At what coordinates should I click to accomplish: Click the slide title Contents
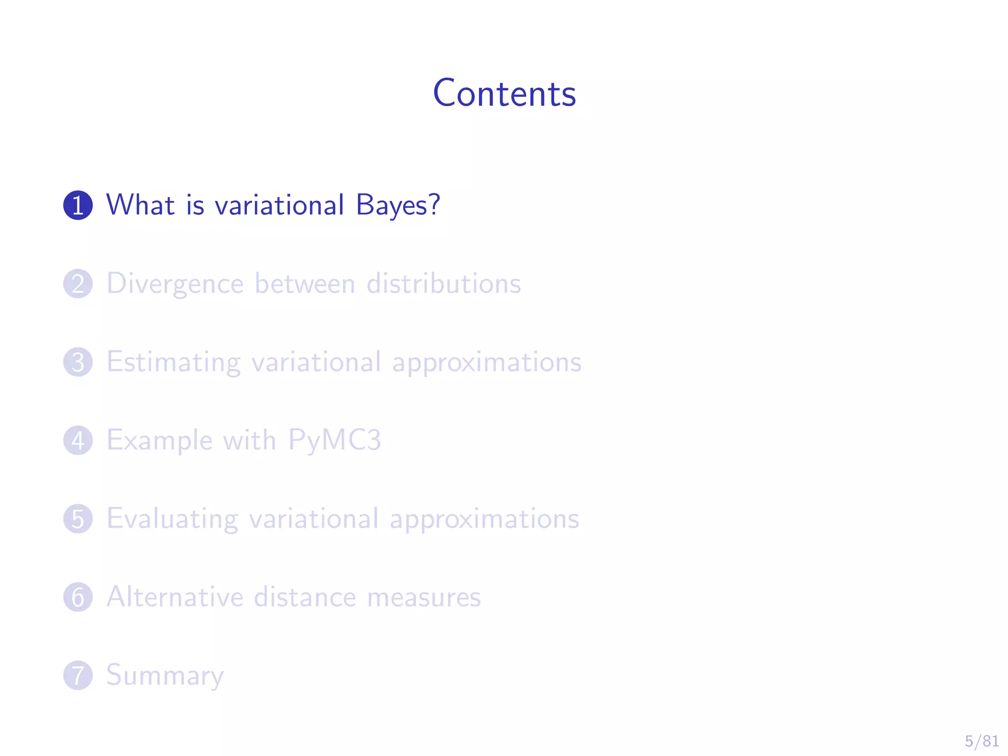click(504, 93)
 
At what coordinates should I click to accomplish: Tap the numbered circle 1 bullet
click(78, 205)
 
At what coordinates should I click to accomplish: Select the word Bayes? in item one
click(397, 205)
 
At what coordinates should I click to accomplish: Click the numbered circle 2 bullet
click(78, 283)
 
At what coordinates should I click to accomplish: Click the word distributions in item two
click(443, 283)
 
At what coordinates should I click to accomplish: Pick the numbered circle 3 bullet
click(78, 362)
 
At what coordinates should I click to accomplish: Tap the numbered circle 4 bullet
click(78, 440)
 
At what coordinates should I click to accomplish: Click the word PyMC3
click(334, 440)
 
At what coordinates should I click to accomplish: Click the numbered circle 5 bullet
click(78, 519)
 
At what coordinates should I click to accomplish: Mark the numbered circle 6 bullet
click(78, 597)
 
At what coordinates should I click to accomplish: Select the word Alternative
click(175, 597)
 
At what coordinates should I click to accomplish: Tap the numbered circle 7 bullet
click(78, 675)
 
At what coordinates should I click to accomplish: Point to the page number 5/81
click(981, 741)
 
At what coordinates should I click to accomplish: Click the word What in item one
click(140, 205)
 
